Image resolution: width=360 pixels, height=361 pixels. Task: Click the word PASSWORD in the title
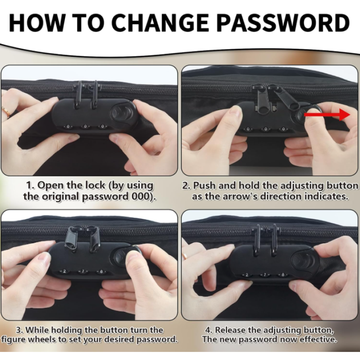click(283, 23)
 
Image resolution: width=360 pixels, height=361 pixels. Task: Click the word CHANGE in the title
click(161, 23)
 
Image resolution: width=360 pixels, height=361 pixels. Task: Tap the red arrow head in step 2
click(345, 115)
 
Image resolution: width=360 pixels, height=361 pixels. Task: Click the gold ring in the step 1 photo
click(5, 112)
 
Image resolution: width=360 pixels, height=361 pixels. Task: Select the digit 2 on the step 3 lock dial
click(65, 271)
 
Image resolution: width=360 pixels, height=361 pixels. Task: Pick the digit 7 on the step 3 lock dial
click(83, 271)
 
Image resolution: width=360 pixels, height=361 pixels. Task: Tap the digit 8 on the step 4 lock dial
click(283, 274)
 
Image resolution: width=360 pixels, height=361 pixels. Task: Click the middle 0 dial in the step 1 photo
click(85, 126)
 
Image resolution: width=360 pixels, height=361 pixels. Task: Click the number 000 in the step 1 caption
click(141, 197)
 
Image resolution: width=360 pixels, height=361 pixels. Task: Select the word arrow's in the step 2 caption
click(231, 197)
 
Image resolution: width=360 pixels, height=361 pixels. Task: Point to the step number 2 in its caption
click(185, 185)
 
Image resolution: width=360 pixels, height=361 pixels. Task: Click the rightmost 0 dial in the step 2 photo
click(283, 129)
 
